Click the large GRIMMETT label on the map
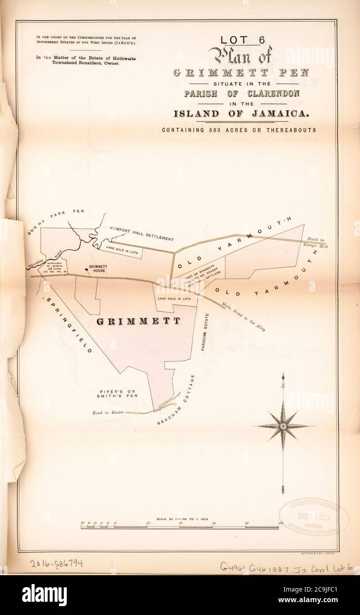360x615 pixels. point(138,321)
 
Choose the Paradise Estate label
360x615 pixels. point(204,332)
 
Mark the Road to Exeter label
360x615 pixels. point(104,412)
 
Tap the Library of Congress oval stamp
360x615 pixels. point(313,514)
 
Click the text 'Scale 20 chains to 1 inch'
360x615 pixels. point(176,518)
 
